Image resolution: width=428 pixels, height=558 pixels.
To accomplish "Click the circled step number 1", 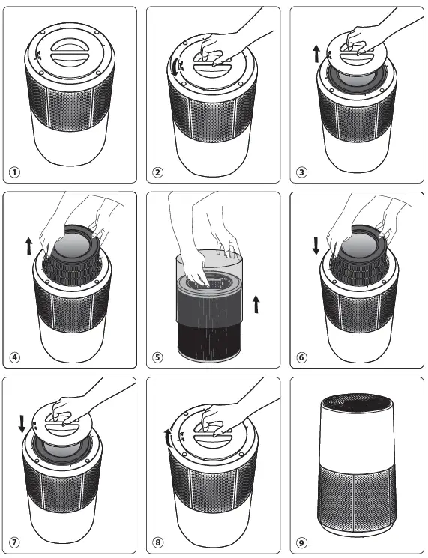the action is pos(14,172).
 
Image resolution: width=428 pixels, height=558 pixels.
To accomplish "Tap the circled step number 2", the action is pos(158,172).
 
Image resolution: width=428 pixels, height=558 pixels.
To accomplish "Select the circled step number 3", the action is pos(301,172).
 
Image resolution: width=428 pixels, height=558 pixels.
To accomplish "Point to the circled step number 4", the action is pos(14,357).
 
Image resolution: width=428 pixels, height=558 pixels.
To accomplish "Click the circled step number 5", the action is pos(158,357).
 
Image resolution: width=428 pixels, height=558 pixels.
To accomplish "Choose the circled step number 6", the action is pos(301,357).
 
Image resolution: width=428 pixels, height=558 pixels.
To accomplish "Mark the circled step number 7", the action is pos(14,542).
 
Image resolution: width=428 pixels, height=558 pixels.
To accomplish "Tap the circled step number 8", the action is pos(158,542).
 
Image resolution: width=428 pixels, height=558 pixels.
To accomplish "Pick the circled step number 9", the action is pos(301,542).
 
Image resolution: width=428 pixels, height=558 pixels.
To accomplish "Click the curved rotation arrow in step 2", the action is pos(175,67).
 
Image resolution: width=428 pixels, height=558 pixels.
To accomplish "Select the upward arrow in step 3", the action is pos(316,53).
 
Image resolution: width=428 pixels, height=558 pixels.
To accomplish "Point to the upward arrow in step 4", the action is pos(28,246).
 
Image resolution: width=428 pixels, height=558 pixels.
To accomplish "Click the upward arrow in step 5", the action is pos(256,304).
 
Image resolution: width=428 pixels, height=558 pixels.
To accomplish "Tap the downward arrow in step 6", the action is pos(316,246).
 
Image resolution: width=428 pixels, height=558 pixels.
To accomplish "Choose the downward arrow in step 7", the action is pos(22,424).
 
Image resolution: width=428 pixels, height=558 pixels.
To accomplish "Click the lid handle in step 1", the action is pos(69,54).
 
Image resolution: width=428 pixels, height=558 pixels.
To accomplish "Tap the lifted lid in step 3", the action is pos(357,52).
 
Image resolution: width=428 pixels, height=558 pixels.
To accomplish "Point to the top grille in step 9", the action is pos(357,403).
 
